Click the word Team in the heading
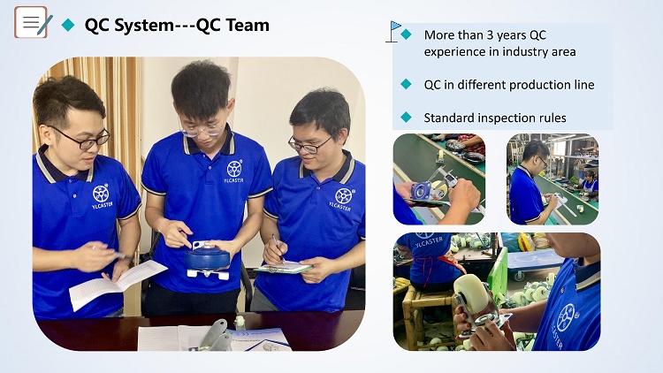tap(248, 25)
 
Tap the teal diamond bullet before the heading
tap(68, 25)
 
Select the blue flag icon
tap(393, 31)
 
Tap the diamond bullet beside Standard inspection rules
tap(406, 118)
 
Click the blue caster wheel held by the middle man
tap(207, 258)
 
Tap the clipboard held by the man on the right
tap(284, 268)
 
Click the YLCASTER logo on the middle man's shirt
tap(234, 171)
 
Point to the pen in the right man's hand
tap(278, 248)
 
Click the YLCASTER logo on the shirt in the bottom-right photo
tap(566, 324)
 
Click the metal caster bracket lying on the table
tap(215, 334)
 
